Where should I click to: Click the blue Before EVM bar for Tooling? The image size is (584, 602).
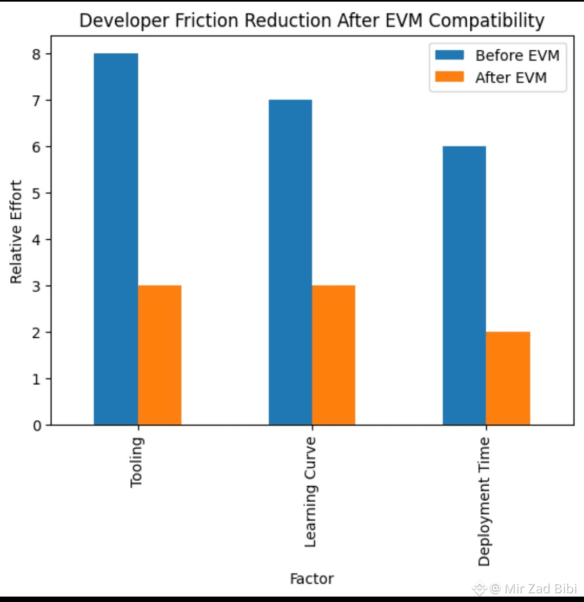click(116, 239)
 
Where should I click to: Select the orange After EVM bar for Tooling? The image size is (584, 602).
click(160, 355)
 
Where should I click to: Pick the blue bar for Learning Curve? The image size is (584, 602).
click(290, 262)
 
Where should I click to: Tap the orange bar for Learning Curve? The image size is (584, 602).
click(334, 355)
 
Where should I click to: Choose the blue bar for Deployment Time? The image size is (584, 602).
click(464, 285)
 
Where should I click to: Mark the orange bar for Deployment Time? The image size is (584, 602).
click(508, 378)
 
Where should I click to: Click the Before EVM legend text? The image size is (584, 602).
click(517, 56)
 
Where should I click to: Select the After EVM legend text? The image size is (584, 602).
click(511, 78)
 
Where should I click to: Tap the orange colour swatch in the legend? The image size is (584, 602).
click(449, 77)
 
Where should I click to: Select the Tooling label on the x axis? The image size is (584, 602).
click(137, 462)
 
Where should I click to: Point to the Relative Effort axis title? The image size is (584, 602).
click(17, 232)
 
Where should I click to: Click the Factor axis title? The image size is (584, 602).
click(311, 579)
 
